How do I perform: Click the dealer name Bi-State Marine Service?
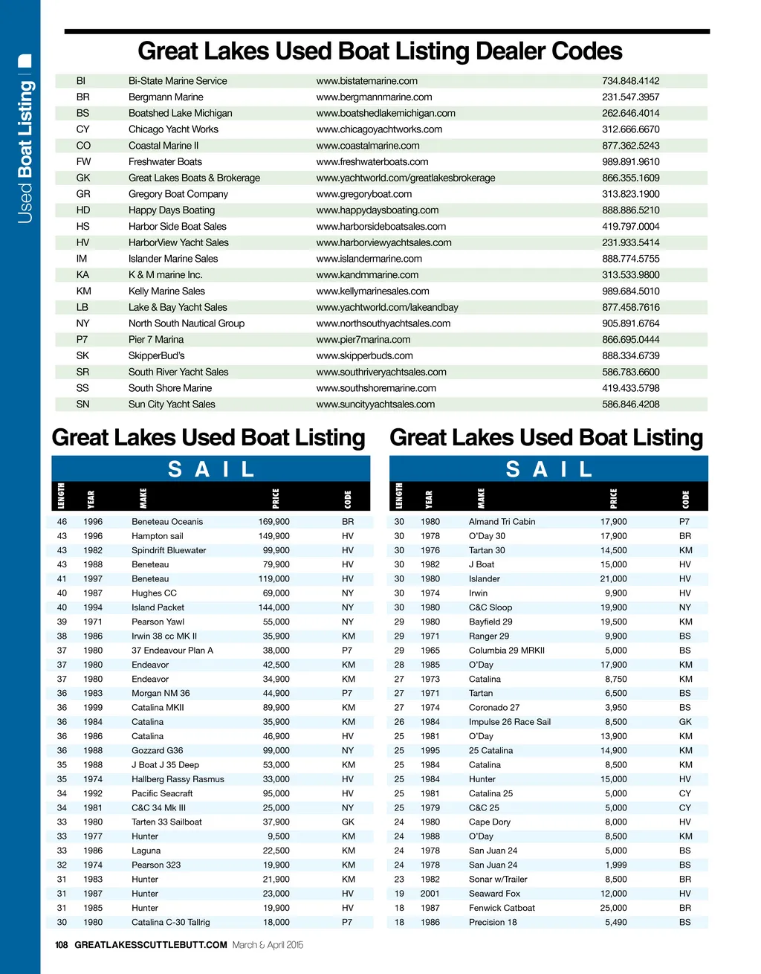pos(178,81)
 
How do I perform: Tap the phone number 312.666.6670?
pos(630,129)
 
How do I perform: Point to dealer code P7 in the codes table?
pos(82,340)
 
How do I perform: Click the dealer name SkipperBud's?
pos(156,356)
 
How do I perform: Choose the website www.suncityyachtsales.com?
pos(375,404)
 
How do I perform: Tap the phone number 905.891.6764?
pos(630,323)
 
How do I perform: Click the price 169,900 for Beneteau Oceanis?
pos(274,522)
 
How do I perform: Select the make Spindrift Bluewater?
pos(169,550)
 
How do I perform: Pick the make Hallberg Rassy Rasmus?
pos(178,779)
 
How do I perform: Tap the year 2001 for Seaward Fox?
pos(430,894)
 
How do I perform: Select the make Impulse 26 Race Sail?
pos(510,722)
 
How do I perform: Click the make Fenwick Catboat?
pos(502,908)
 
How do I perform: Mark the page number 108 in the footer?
pos(62,945)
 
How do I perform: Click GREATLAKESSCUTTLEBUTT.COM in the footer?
pos(151,945)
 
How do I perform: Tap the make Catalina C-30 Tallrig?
pos(170,922)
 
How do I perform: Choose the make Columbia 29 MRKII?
pos(507,651)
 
